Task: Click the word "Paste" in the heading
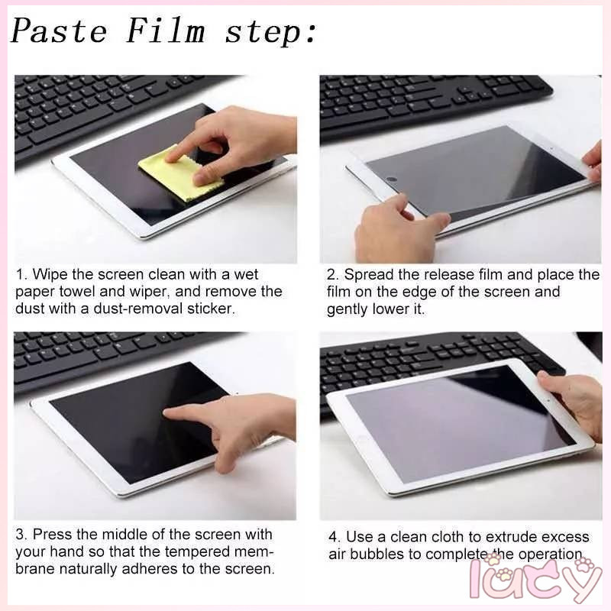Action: coord(59,31)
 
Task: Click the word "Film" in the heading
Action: coord(166,31)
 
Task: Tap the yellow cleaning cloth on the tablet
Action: coord(181,173)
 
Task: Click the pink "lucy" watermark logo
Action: coord(536,580)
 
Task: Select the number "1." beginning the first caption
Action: coord(22,274)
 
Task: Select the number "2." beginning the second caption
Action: coord(333,275)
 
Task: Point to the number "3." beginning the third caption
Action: coord(21,534)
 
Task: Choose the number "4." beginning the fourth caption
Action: coord(335,537)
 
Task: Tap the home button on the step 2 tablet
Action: coord(392,179)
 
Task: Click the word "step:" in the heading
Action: coord(271,33)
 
